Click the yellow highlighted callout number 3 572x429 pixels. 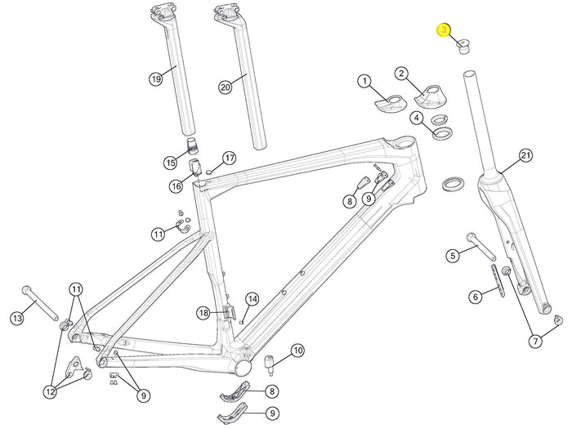[x=444, y=30]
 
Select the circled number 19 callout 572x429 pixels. [x=156, y=79]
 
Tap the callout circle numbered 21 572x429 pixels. [x=525, y=156]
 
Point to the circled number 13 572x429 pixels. [x=17, y=319]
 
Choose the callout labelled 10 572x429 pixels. [x=298, y=351]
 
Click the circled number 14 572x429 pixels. [x=252, y=300]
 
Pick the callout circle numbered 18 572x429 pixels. [x=203, y=313]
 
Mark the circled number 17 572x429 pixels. [x=229, y=159]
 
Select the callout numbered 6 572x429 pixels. [x=476, y=297]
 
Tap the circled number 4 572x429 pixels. [x=417, y=118]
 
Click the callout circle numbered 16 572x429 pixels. [x=177, y=186]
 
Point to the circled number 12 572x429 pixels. [x=51, y=392]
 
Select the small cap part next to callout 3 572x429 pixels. [x=463, y=47]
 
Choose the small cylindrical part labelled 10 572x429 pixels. [x=270, y=364]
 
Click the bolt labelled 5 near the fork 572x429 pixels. [x=480, y=246]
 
